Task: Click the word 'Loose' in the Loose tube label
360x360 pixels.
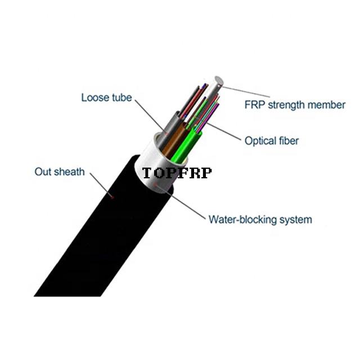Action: click(95, 97)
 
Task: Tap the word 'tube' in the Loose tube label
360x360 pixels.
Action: click(122, 97)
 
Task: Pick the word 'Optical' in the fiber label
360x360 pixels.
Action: click(260, 141)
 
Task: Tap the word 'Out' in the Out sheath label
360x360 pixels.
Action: click(43, 172)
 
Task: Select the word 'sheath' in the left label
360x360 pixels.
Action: click(69, 172)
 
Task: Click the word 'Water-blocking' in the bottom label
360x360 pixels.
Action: click(242, 219)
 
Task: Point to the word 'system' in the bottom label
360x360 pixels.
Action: click(296, 220)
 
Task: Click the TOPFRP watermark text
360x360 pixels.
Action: click(177, 173)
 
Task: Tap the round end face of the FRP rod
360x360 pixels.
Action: click(219, 80)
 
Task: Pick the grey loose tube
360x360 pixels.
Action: click(169, 131)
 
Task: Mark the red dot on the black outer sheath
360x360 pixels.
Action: click(112, 197)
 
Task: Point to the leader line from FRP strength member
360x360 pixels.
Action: click(246, 92)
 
